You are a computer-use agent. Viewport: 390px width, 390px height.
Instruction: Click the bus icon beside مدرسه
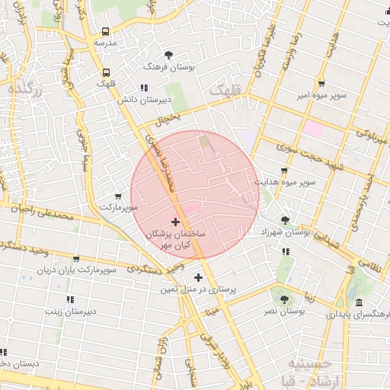click(104, 32)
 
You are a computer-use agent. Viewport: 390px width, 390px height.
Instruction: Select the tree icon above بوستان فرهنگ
click(168, 54)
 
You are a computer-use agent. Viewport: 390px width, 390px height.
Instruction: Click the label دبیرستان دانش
click(142, 99)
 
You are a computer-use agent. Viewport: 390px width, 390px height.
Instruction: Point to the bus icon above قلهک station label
click(104, 73)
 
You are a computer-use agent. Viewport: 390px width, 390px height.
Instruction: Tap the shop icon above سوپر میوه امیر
click(321, 83)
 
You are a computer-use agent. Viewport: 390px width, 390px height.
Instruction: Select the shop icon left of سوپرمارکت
click(117, 196)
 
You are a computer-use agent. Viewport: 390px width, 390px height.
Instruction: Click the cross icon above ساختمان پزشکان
click(176, 222)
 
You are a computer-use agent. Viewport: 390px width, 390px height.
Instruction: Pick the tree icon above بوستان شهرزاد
click(285, 219)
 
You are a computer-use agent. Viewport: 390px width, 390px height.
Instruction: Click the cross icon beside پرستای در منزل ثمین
click(199, 278)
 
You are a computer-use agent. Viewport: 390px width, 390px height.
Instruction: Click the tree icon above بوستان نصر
click(284, 299)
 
